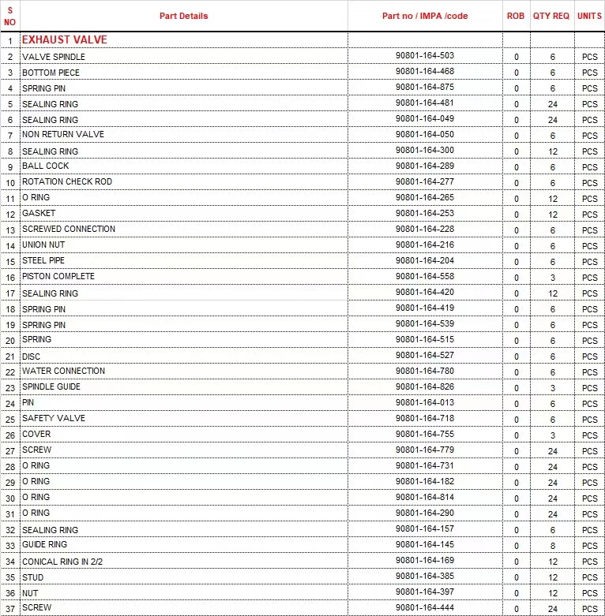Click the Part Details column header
click(183, 16)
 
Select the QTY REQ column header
click(551, 16)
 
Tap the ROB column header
click(516, 16)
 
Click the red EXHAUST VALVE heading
click(65, 39)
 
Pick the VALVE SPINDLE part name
click(54, 57)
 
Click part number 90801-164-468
click(425, 71)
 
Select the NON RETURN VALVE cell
click(63, 134)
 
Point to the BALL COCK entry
click(46, 166)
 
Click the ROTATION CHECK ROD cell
click(67, 181)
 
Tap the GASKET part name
click(39, 213)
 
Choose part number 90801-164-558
click(425, 276)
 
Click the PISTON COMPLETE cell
click(58, 276)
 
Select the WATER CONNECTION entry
click(63, 371)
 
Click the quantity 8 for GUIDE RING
click(553, 546)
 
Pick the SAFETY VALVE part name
click(54, 418)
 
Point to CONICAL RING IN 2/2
click(62, 562)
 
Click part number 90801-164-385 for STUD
click(425, 576)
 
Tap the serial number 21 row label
click(10, 357)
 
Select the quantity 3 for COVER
click(553, 435)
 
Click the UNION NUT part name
click(43, 245)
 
